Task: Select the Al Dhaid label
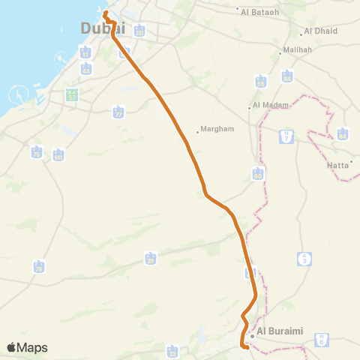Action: tap(320, 31)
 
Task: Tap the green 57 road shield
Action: tap(72, 96)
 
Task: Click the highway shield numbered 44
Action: tap(86, 69)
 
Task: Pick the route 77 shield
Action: tap(118, 112)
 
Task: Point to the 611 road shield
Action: tap(58, 155)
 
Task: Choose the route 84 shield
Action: tap(287, 76)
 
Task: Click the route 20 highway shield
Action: tap(151, 259)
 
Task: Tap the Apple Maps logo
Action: tap(27, 347)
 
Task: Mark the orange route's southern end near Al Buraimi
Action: tap(246, 346)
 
